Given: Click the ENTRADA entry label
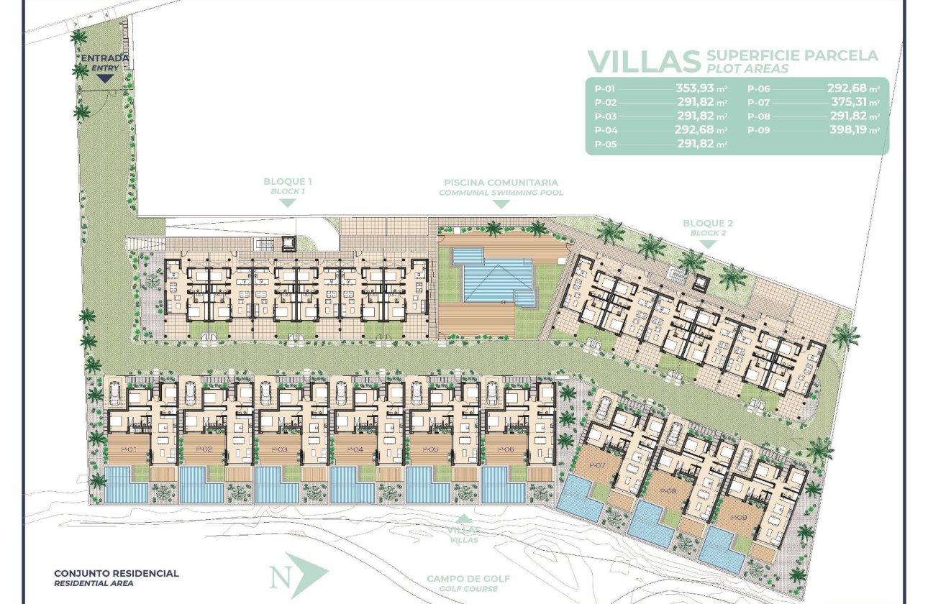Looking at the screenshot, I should coord(105,58).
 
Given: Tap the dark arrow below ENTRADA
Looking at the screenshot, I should coord(105,78).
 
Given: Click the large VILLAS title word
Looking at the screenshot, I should coord(644,62).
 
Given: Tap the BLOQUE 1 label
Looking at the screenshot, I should coord(288,182).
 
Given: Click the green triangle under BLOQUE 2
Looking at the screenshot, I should coord(708,244).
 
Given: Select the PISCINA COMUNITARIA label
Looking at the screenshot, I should coord(501,183).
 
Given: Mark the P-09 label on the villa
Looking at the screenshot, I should coord(738,516).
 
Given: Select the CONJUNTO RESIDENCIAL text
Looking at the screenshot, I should coord(117,573).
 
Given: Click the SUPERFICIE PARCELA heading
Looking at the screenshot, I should coord(793,55).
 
